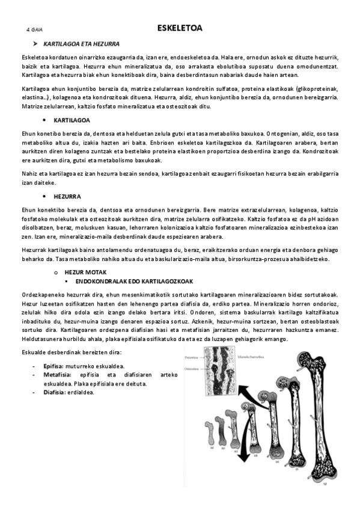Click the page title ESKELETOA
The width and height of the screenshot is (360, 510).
pos(180,28)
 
